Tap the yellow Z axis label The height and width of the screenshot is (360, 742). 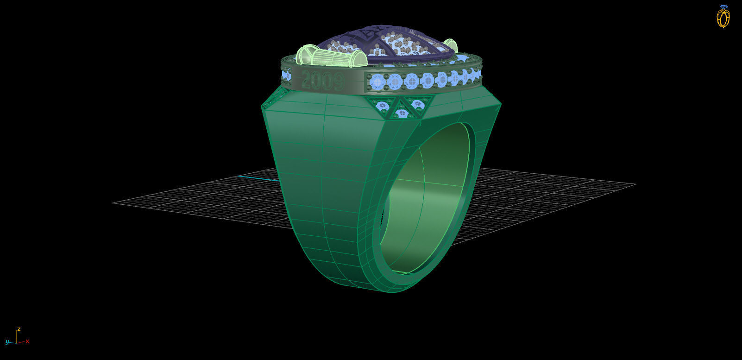[x=19, y=328]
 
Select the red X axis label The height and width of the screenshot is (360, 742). [x=27, y=341]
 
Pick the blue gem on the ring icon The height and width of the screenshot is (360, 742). [x=724, y=7]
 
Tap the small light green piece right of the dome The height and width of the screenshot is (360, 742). [x=450, y=45]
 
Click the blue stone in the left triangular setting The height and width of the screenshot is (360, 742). [x=382, y=106]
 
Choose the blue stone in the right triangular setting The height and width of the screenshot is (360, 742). [x=418, y=104]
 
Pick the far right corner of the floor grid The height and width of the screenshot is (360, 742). [x=635, y=184]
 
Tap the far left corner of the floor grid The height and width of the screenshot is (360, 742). [x=113, y=202]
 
